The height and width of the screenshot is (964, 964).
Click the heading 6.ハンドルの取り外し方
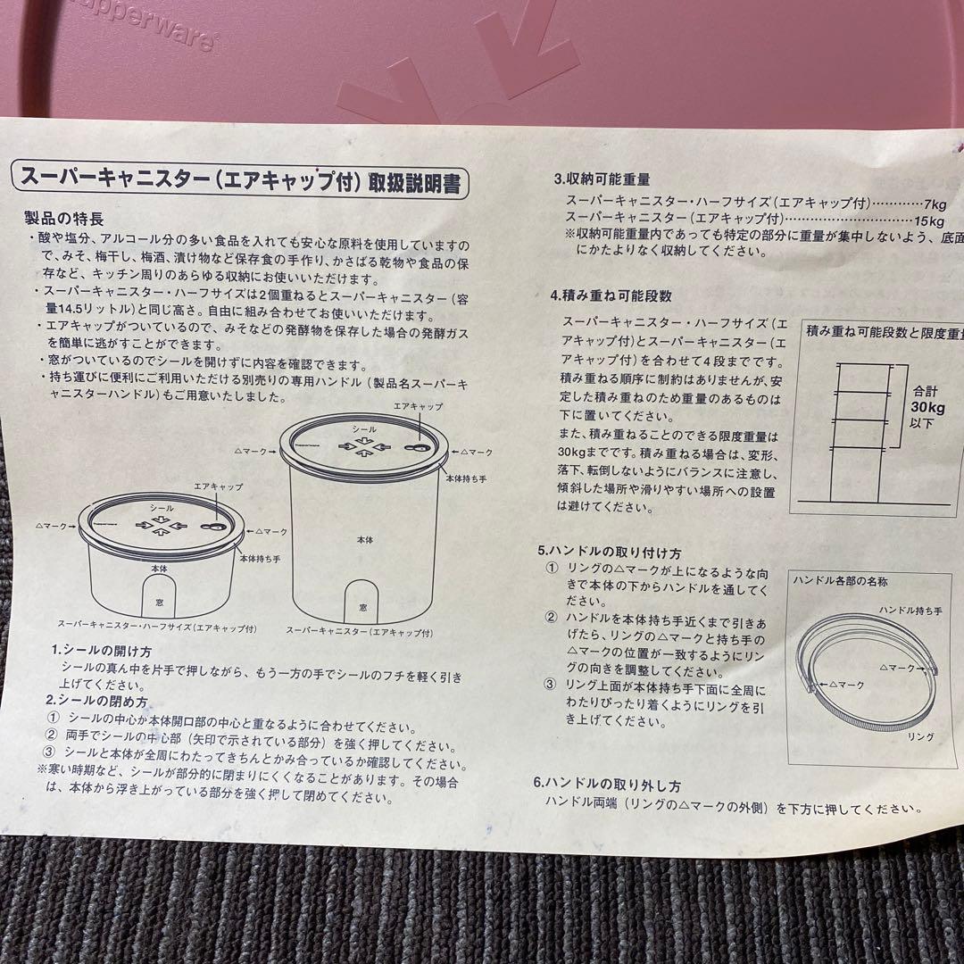tap(607, 785)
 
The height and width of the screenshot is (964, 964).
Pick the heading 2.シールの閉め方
tap(96, 701)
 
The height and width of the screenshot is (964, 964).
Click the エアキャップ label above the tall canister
tap(417, 406)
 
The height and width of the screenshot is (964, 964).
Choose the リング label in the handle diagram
tap(920, 737)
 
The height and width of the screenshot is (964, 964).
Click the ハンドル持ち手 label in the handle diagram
tap(910, 609)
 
